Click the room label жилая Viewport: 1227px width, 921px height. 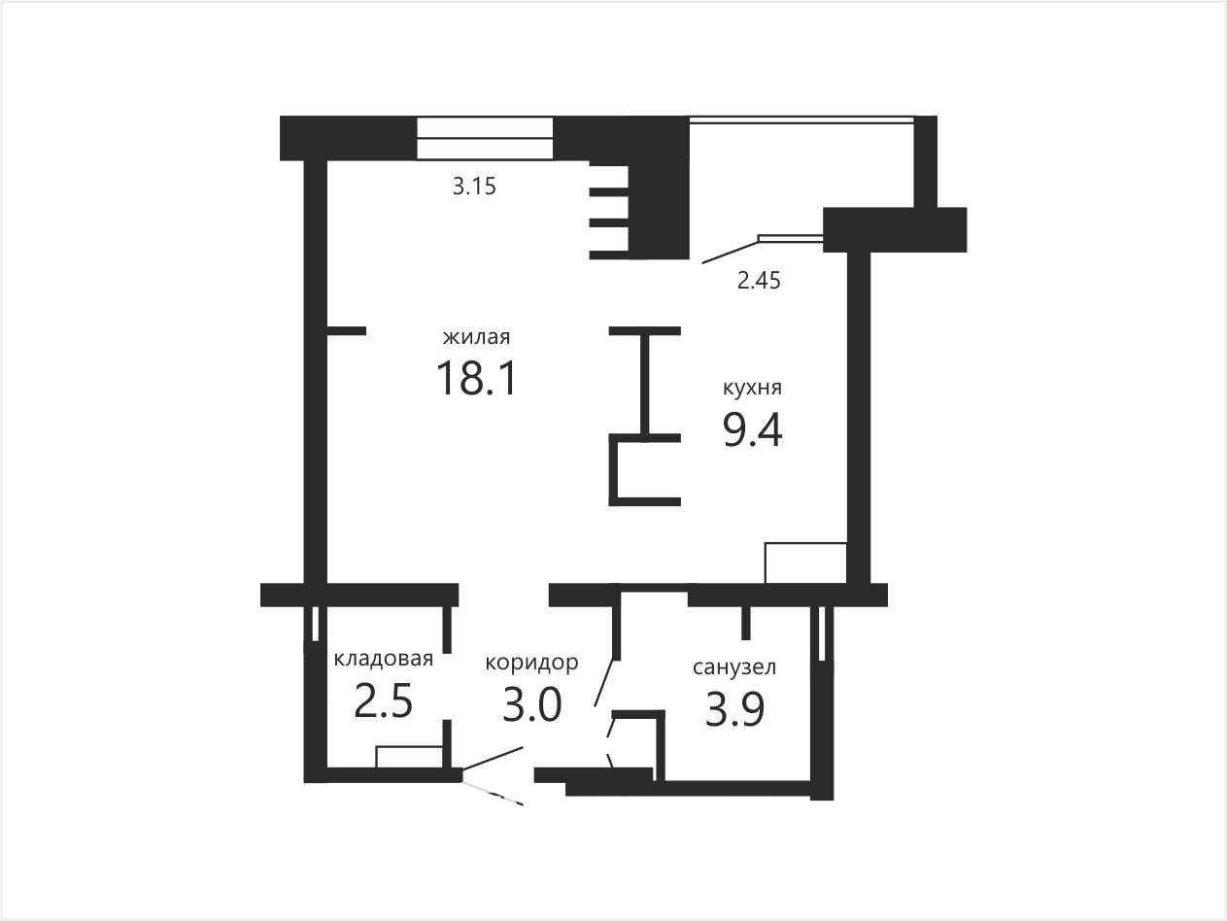click(x=476, y=337)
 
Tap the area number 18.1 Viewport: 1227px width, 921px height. click(x=477, y=378)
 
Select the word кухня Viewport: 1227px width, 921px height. click(x=752, y=388)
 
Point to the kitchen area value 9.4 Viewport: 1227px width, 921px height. click(x=752, y=429)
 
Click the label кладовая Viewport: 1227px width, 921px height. click(x=384, y=659)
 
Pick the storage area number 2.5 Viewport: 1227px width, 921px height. click(x=384, y=701)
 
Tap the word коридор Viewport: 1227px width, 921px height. click(x=531, y=663)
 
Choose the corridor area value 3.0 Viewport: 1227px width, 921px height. click(x=531, y=704)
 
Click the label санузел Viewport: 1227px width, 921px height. click(x=733, y=667)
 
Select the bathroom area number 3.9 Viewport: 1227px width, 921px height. click(x=733, y=710)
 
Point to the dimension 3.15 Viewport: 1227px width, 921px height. click(x=474, y=187)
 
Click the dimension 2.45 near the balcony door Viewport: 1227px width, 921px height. click(x=759, y=281)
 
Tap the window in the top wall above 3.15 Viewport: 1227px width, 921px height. click(x=485, y=138)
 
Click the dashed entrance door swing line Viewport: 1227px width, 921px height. click(x=493, y=794)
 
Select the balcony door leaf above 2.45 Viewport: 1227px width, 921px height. click(x=730, y=252)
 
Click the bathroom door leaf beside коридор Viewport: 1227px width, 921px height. click(x=607, y=683)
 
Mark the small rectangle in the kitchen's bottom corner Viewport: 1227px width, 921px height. click(x=805, y=563)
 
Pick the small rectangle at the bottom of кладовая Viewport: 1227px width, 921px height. click(x=409, y=757)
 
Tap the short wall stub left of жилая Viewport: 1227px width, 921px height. click(x=346, y=331)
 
